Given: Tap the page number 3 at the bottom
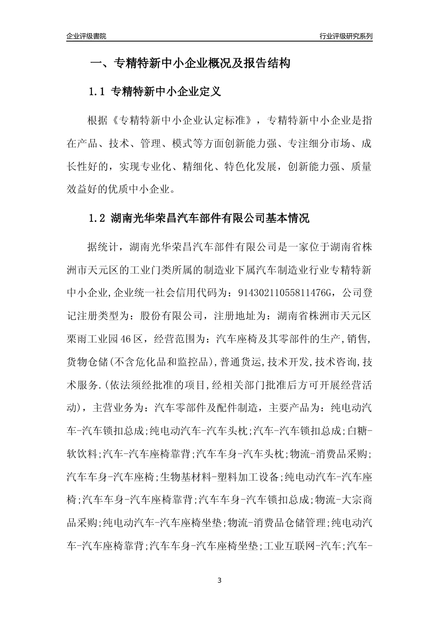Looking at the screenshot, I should pyautogui.click(x=219, y=580).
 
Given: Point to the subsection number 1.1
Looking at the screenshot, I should pyautogui.click(x=97, y=92).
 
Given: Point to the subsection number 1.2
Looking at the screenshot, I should pyautogui.click(x=97, y=218).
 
